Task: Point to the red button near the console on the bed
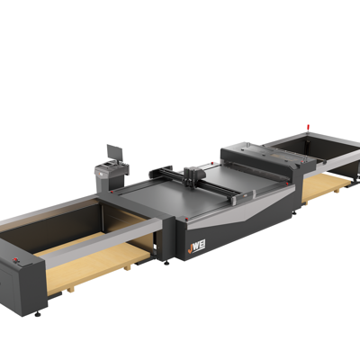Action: point(107,192)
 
